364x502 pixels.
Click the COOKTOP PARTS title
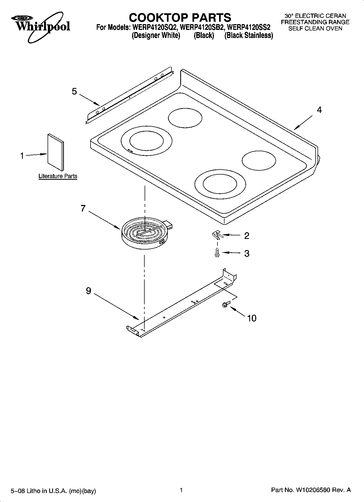[x=180, y=18]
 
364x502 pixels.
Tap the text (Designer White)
[x=156, y=36]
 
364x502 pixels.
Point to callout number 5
[x=74, y=91]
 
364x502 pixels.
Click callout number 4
[x=319, y=110]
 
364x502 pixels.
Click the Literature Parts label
[x=58, y=176]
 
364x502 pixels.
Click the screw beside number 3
[x=217, y=252]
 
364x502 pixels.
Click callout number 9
[x=88, y=291]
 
